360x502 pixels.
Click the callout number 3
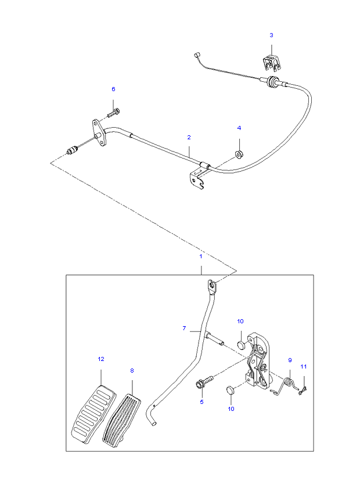click(x=271, y=35)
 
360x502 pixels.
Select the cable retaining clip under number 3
click(x=272, y=63)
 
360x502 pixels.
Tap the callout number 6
click(x=113, y=89)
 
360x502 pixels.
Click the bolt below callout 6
click(x=113, y=113)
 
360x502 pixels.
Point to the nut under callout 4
click(x=239, y=154)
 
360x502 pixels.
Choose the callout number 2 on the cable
click(x=189, y=138)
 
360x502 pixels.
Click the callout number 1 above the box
click(x=201, y=257)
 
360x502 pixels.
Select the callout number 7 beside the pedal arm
click(x=184, y=328)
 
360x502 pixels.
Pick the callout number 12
click(x=101, y=359)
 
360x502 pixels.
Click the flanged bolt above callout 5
click(x=204, y=382)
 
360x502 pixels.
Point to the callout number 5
click(x=201, y=402)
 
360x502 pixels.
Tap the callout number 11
click(x=303, y=367)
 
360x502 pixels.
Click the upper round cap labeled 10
click(x=242, y=345)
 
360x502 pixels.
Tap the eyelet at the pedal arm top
click(x=212, y=284)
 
